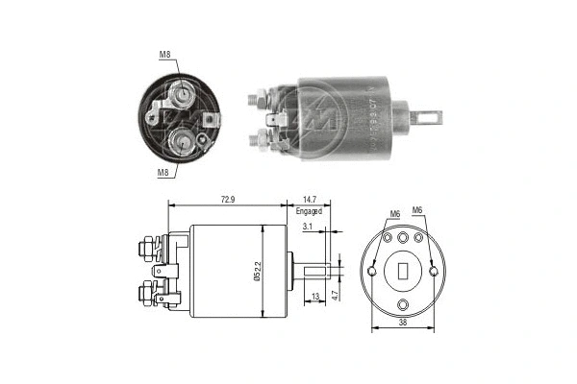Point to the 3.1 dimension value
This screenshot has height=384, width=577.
click(x=307, y=227)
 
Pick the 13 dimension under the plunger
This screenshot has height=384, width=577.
click(x=316, y=299)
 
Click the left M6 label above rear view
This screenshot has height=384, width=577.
click(x=394, y=213)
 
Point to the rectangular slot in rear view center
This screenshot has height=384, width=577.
click(x=404, y=270)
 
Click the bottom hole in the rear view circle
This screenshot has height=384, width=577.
click(x=404, y=305)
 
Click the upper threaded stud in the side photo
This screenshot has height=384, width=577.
click(x=256, y=97)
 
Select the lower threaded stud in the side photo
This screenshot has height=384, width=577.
click(x=256, y=140)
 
